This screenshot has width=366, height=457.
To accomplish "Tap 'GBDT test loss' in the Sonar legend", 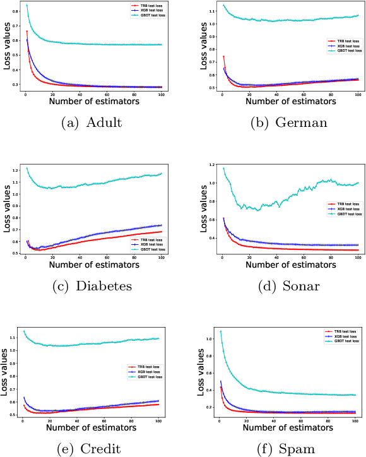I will coord(347,214).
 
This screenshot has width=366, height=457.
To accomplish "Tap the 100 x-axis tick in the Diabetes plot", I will coord(162,258).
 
